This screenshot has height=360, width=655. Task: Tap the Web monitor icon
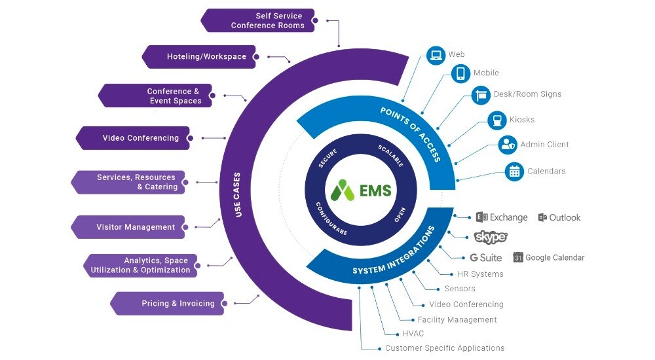[x=436, y=55]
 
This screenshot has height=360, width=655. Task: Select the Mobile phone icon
[x=460, y=73]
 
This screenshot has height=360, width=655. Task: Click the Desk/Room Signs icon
[x=481, y=95]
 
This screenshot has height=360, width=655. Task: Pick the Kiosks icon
[x=497, y=120]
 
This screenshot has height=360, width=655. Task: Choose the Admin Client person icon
[x=508, y=145]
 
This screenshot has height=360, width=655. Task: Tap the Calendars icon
[x=515, y=171]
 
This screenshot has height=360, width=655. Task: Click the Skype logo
[x=490, y=237]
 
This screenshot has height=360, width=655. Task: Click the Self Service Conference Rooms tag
[x=259, y=20]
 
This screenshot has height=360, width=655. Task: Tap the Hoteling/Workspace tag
[x=199, y=57]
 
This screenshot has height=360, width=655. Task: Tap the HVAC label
[x=413, y=334]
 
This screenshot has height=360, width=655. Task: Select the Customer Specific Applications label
[x=444, y=348]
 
